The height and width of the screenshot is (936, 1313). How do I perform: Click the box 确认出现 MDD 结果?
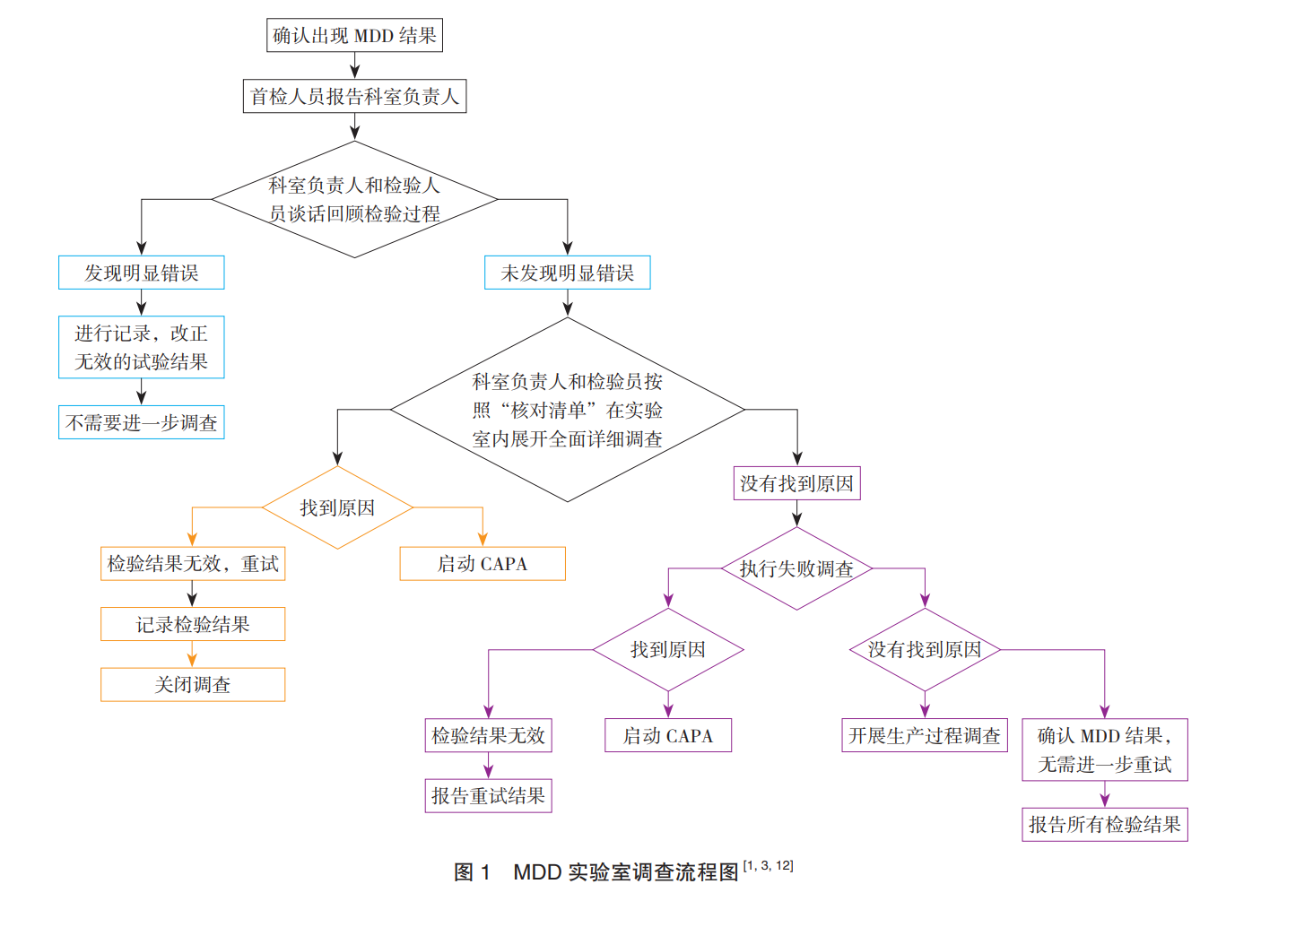[x=354, y=36]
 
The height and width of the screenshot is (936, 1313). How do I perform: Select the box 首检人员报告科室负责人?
[x=354, y=96]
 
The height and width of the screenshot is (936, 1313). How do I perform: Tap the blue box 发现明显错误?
[x=141, y=273]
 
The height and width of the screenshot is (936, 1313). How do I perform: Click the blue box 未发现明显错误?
[x=567, y=273]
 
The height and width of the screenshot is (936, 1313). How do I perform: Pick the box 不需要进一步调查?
[x=141, y=422]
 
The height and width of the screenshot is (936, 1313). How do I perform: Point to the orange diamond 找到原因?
[x=337, y=507]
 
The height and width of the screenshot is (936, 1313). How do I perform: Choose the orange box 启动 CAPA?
[x=483, y=564]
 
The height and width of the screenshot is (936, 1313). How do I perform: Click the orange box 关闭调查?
[x=192, y=685]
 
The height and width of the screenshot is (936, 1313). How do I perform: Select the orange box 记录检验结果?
[x=192, y=624]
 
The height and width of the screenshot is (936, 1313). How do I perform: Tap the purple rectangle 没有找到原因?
[x=796, y=483]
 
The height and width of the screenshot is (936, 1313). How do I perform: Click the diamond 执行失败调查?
[x=796, y=568]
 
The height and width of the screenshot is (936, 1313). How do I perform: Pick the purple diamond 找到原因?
[x=668, y=650]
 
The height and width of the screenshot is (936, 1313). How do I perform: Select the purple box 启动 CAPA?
[x=668, y=735]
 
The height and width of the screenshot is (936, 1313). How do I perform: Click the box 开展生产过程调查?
[x=924, y=735]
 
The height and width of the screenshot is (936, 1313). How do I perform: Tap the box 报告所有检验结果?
[x=1104, y=825]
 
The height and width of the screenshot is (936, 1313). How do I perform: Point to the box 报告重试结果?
[x=488, y=795]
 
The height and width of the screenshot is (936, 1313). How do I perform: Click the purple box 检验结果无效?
[x=488, y=735]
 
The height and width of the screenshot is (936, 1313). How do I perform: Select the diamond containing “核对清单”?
[x=567, y=410]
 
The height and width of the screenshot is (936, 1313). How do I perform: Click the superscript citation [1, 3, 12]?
[x=769, y=865]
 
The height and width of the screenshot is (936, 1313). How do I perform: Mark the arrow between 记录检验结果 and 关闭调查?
[x=192, y=654]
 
